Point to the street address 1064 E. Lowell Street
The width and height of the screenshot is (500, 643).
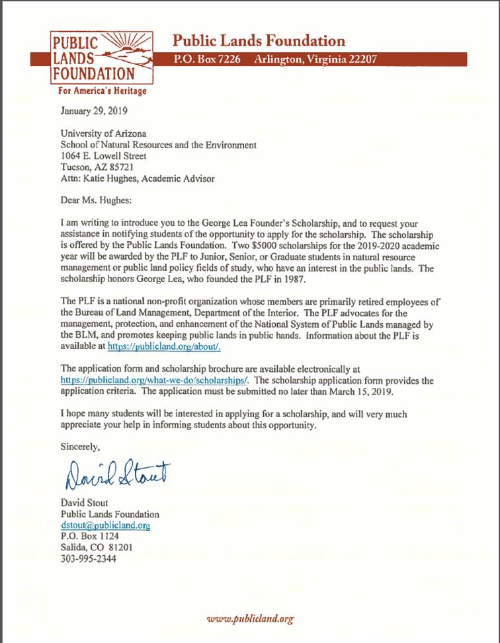tap(109, 156)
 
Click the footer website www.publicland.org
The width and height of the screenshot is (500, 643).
tap(249, 619)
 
